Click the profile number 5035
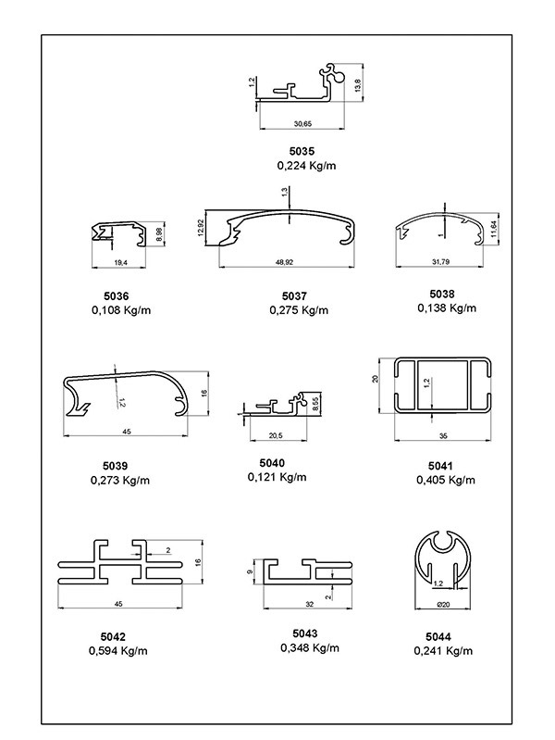click(302, 150)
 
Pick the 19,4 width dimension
click(119, 264)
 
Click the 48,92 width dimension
click(286, 263)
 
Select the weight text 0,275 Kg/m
click(299, 309)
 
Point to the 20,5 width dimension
click(276, 434)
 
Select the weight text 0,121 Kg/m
click(277, 477)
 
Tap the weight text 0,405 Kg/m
click(445, 480)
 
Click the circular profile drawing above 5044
click(443, 559)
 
